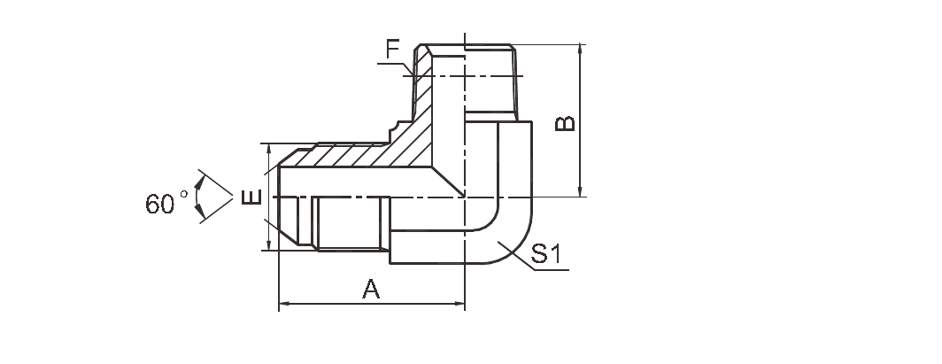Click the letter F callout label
pos(393,50)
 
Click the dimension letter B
pos(564,122)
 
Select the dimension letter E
pos(251,197)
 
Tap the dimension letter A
pos(372,289)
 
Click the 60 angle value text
pos(161,204)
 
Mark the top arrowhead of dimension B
pos(580,49)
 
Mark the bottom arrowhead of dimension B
pos(580,190)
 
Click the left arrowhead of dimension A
pos(284,305)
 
